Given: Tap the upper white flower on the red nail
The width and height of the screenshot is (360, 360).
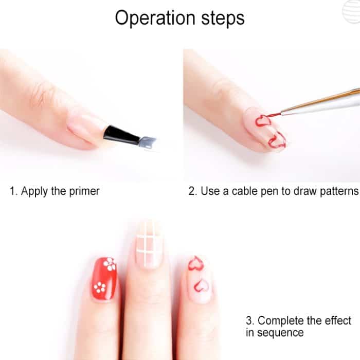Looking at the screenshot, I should [x=109, y=265].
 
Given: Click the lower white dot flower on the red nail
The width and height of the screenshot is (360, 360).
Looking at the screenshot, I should [x=99, y=286].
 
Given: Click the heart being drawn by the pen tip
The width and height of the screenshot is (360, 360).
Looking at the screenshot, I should [x=263, y=121].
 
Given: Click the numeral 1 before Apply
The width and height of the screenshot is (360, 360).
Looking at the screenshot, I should [x=12, y=191].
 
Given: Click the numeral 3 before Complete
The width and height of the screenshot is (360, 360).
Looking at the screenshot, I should [x=248, y=320].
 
